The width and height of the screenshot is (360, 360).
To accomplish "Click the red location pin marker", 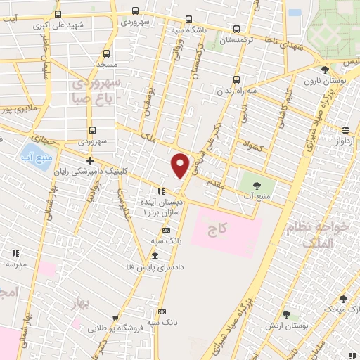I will pos(181,165).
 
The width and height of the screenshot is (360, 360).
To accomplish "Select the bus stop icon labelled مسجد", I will pos(106,53).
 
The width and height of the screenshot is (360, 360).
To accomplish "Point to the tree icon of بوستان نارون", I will pos(324,70).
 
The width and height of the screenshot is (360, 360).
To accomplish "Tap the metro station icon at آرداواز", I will pos(345,130).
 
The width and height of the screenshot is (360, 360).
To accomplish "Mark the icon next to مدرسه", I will pos(15,253).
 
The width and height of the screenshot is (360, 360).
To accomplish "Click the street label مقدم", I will pos(214,181).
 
